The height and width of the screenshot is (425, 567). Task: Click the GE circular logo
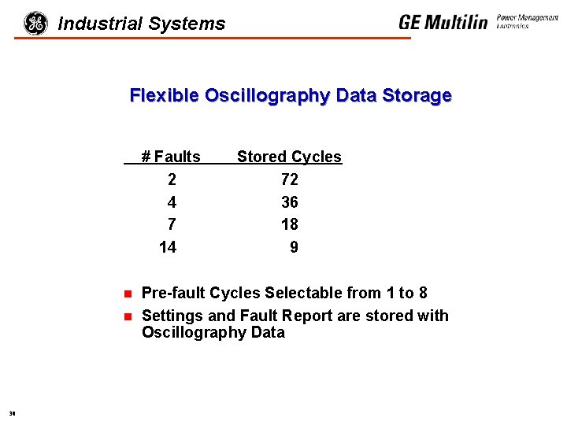(x=35, y=23)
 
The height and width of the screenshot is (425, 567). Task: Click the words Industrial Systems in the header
(x=142, y=24)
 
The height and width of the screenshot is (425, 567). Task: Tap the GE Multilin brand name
(x=443, y=22)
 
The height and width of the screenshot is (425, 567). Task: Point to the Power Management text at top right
(x=528, y=18)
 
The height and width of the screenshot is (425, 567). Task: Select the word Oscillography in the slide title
(x=268, y=96)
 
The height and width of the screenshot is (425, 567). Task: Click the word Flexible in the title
(x=164, y=96)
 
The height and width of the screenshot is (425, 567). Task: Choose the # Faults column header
(x=171, y=157)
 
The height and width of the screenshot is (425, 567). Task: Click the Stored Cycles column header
(x=289, y=157)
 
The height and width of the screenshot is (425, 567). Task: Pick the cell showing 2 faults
(x=172, y=179)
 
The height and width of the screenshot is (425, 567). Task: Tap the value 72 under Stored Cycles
(x=289, y=179)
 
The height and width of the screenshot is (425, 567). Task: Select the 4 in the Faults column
(x=172, y=202)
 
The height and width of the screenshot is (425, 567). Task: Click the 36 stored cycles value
(x=289, y=202)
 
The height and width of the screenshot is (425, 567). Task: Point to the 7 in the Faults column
(x=172, y=224)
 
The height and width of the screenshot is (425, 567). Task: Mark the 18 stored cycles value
(x=289, y=224)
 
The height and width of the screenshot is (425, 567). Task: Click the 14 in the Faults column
(x=168, y=247)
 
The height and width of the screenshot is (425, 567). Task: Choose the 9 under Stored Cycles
(x=294, y=247)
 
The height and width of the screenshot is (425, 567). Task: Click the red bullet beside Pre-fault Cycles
(x=127, y=294)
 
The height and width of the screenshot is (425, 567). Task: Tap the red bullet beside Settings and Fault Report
(x=127, y=317)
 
